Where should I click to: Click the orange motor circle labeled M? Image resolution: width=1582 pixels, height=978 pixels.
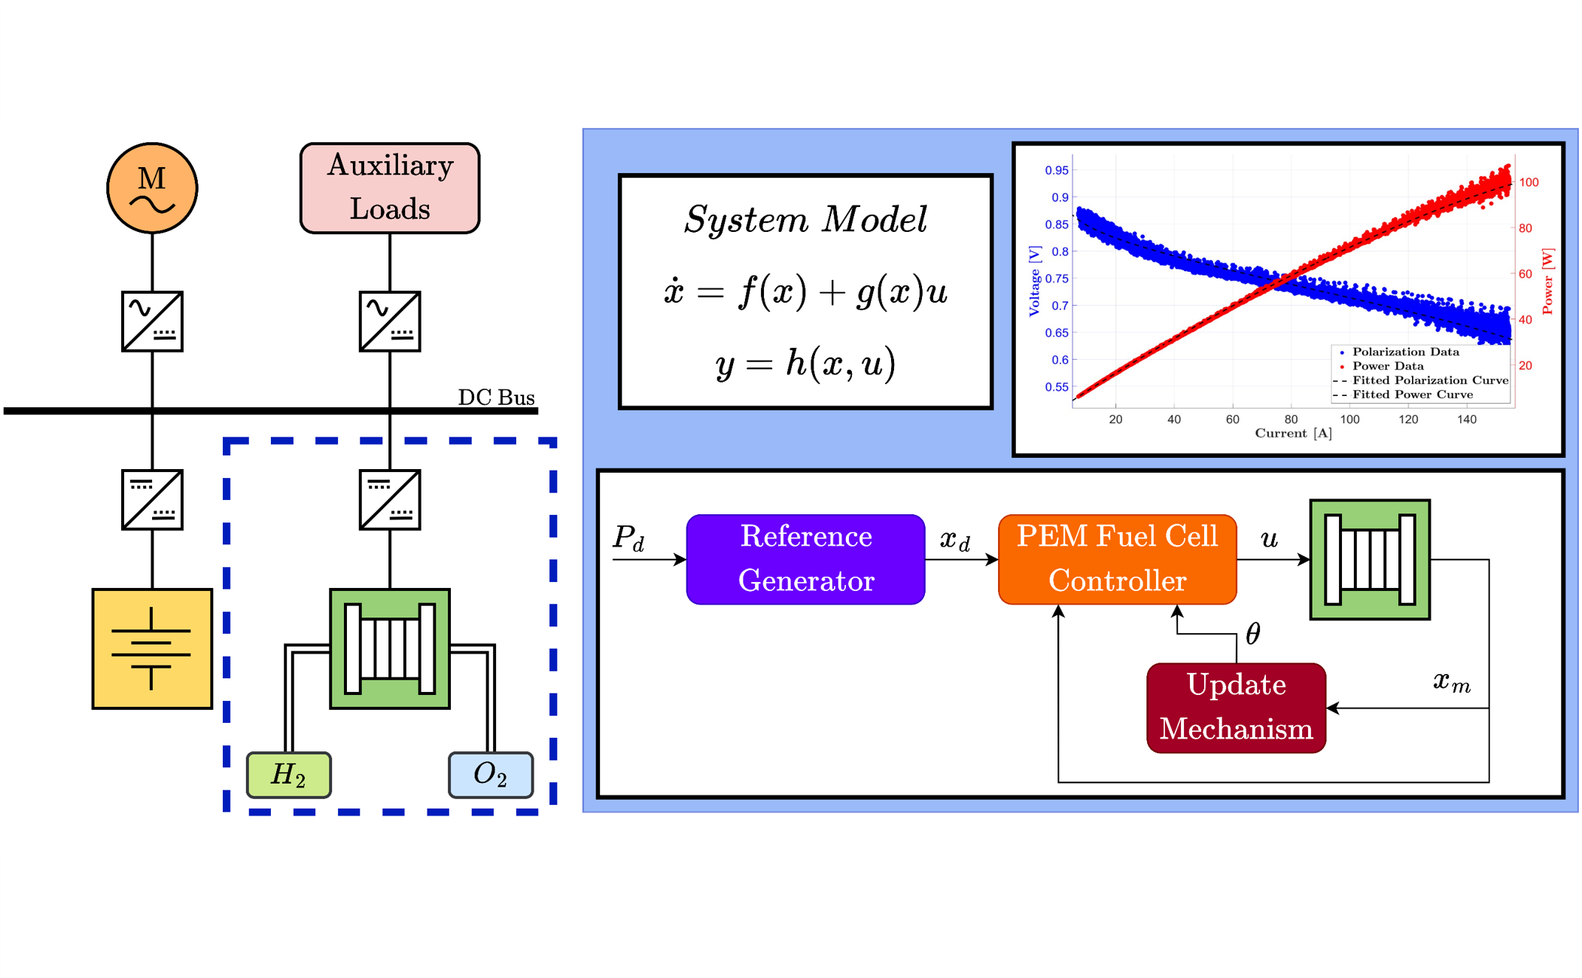[x=152, y=188]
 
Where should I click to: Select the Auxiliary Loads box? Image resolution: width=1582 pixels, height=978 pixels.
[x=390, y=187]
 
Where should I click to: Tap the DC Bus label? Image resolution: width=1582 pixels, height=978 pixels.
[x=496, y=397]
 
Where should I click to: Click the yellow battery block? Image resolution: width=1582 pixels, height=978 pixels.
[x=152, y=648]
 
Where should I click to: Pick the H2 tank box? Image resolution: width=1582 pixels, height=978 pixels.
[x=288, y=774]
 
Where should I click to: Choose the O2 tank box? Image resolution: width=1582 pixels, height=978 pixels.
[x=491, y=774]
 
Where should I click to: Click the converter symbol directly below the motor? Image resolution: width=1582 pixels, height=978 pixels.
[x=152, y=321]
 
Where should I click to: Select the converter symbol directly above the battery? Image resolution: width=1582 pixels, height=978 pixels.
[x=152, y=500]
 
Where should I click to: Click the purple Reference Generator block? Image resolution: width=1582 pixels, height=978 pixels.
[x=805, y=559]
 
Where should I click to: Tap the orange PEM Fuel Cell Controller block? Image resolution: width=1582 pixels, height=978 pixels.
[x=1117, y=559]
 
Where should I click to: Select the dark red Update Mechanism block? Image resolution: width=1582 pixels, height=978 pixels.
[x=1236, y=707]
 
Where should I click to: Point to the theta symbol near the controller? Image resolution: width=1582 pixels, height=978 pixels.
[x=1253, y=634]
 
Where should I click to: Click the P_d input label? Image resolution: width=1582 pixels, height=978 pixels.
[x=628, y=538]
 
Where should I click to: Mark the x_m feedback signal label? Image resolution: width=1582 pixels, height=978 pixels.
[x=1451, y=682]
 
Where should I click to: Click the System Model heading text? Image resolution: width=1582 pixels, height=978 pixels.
[x=805, y=220]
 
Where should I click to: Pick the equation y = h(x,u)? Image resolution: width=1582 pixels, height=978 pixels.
[x=805, y=364]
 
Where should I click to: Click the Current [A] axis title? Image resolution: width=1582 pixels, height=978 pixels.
[x=1293, y=433]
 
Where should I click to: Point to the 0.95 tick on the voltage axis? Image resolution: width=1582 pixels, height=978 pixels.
[x=1056, y=170]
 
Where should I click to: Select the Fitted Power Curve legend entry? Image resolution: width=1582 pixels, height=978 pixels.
[x=1412, y=395]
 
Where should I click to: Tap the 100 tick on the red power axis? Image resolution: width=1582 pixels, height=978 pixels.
[x=1529, y=182]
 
